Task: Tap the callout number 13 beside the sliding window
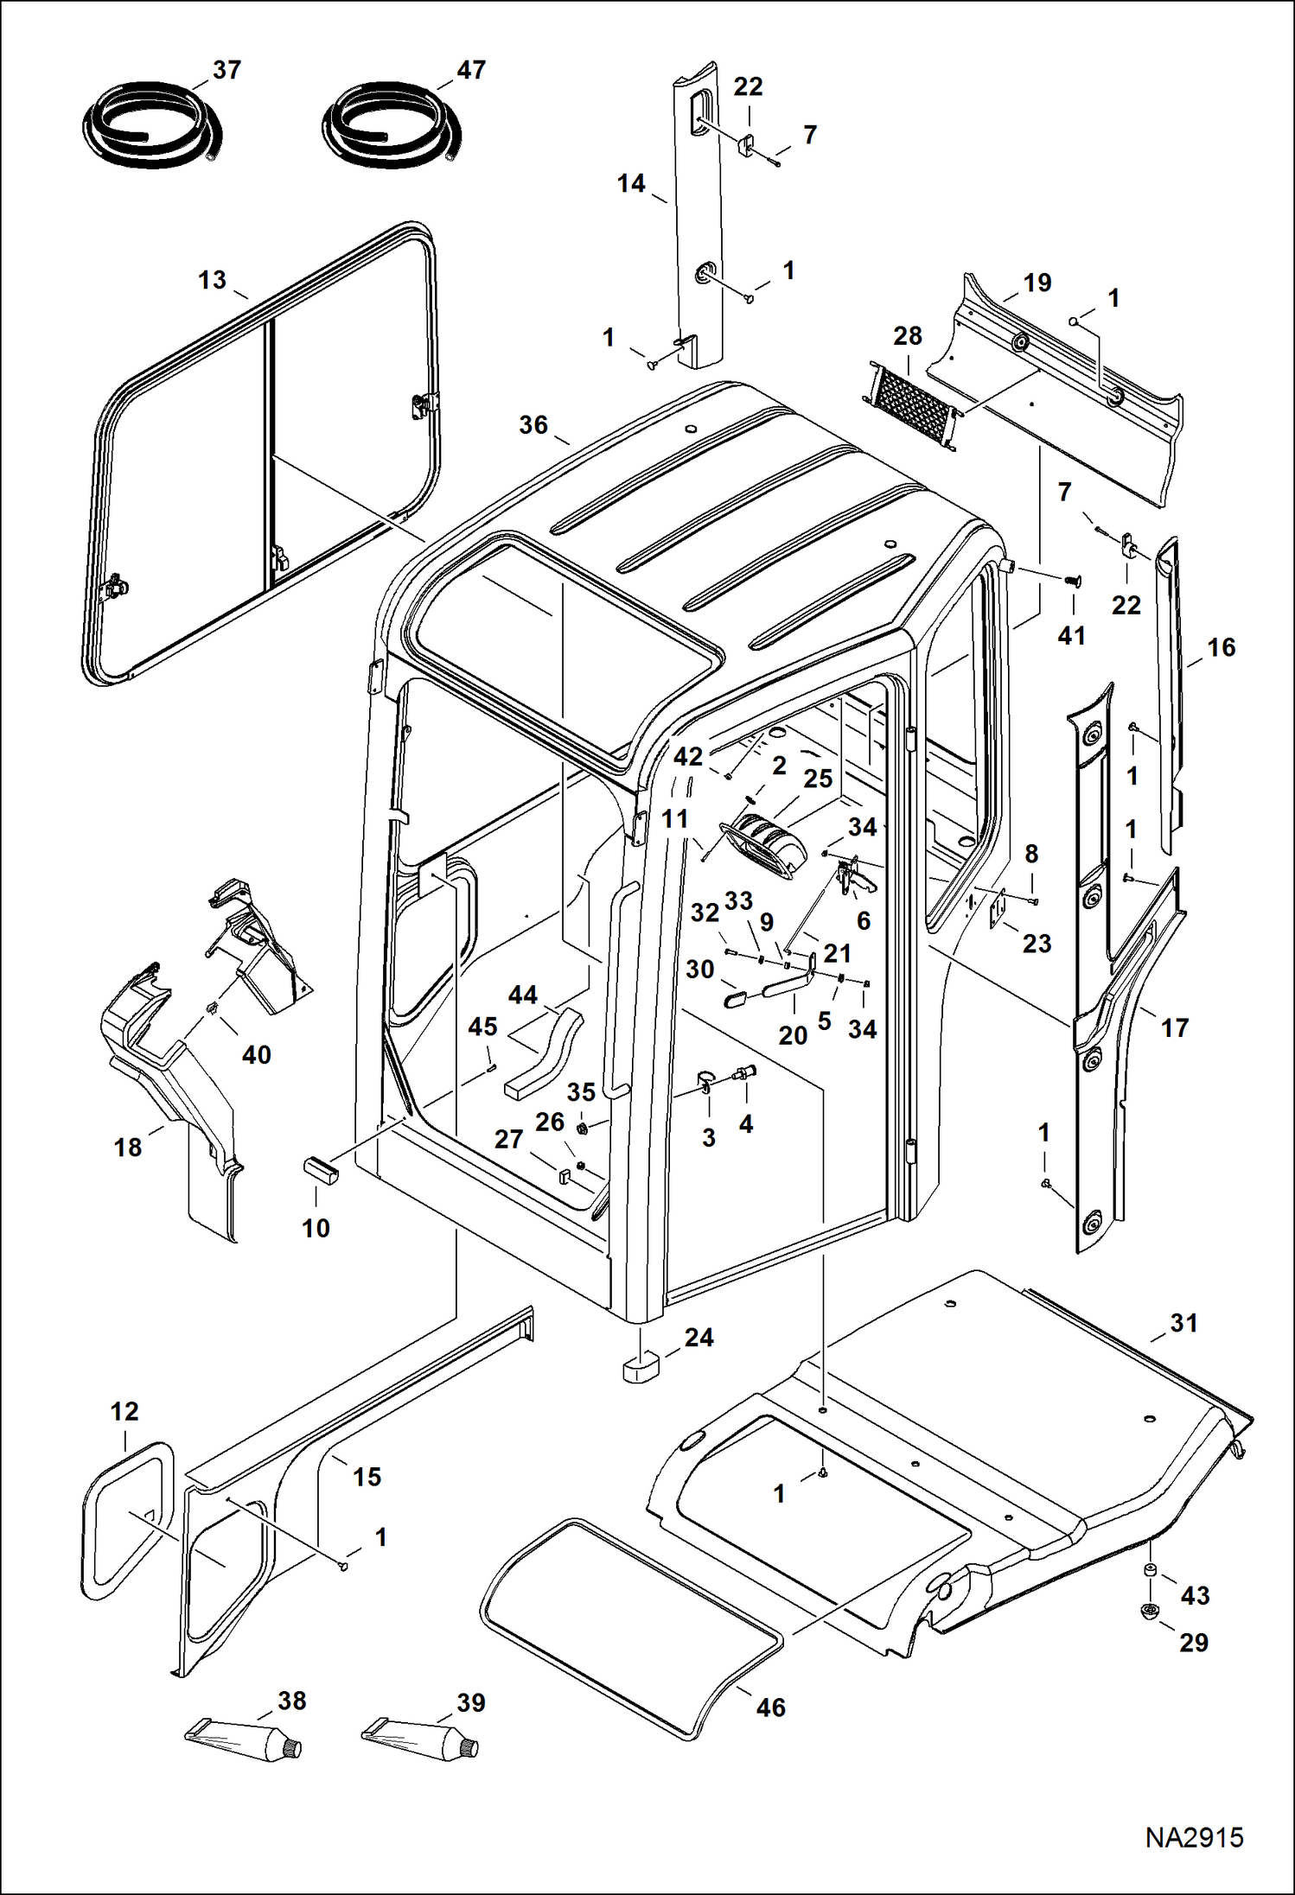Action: pos(212,280)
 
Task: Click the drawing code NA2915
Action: pos(1194,1837)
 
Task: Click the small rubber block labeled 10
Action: pos(320,1171)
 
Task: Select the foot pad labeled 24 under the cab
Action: pos(641,1368)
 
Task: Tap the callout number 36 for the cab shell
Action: pos(533,424)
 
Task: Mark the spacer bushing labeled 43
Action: pos(1151,1570)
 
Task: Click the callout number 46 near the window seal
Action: pos(770,1707)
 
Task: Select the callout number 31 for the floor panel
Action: pos(1183,1322)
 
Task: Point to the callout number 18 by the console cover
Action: pos(128,1147)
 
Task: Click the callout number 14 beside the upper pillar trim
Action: pos(631,183)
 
